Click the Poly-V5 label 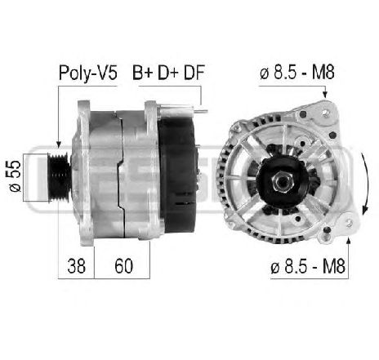tap(88, 73)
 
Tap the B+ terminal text tap(142, 73)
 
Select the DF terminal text tap(194, 73)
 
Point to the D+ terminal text tap(167, 73)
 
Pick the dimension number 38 tap(76, 266)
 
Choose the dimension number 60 tap(123, 266)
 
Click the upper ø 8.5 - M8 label tap(297, 72)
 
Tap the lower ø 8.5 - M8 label tap(308, 266)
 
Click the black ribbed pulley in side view tap(59, 177)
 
